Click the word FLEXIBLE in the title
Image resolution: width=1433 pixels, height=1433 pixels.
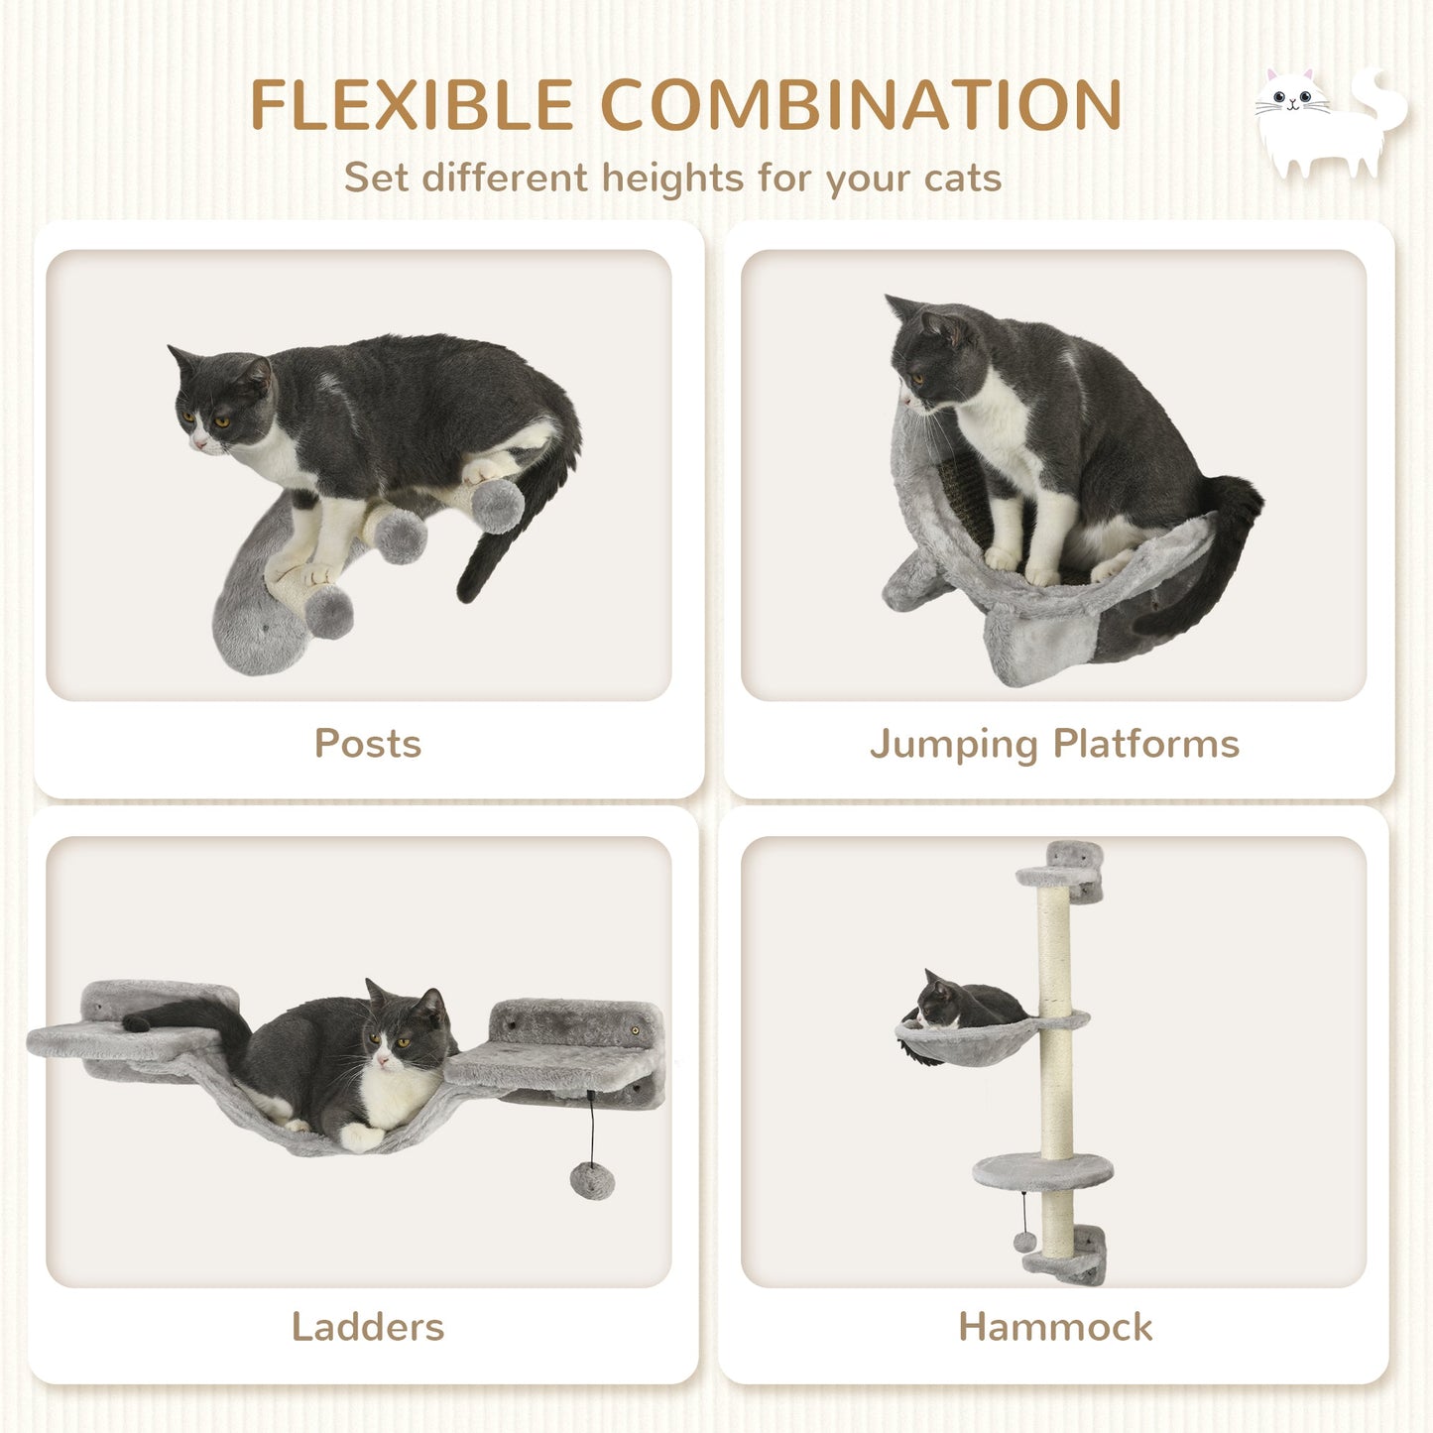(411, 104)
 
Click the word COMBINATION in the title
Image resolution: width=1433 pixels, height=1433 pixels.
(861, 104)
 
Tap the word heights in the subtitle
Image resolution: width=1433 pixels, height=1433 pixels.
(673, 179)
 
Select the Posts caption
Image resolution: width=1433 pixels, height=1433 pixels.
(368, 744)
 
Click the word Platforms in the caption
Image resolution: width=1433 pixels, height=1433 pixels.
(1146, 744)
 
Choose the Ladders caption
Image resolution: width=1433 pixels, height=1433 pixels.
(368, 1327)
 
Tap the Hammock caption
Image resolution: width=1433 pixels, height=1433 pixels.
(1055, 1327)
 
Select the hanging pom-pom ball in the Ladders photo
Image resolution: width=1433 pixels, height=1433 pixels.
(592, 1180)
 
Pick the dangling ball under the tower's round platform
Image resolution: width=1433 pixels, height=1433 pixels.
(1024, 1241)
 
